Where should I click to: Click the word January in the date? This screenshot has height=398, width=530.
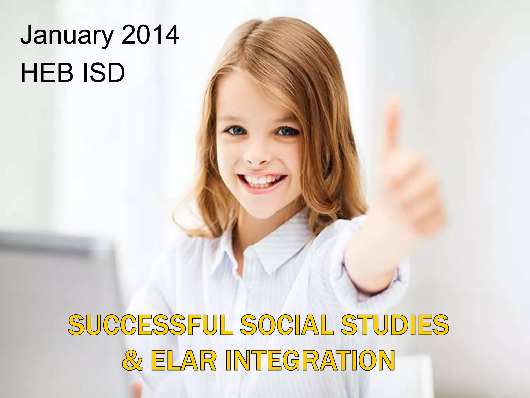point(67,35)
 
